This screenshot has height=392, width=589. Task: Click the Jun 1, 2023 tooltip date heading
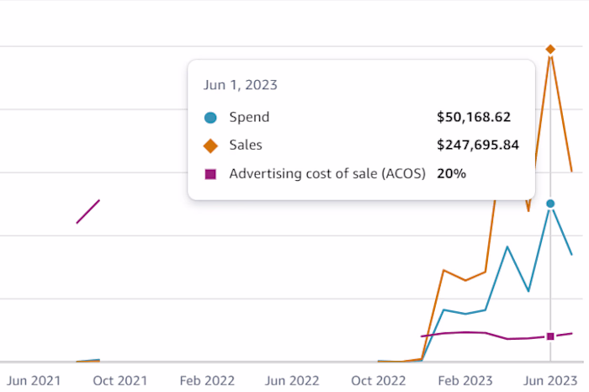click(x=241, y=85)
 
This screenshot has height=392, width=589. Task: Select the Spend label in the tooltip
click(x=249, y=118)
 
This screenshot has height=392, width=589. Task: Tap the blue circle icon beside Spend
click(x=210, y=118)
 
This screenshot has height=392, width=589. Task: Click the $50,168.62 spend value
click(x=474, y=118)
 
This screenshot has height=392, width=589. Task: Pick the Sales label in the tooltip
click(x=246, y=146)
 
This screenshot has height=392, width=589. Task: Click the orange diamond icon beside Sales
click(x=210, y=146)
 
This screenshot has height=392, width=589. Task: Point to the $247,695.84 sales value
click(x=477, y=146)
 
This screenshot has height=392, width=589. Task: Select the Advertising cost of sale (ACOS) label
click(x=327, y=174)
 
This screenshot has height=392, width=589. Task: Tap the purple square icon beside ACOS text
click(x=210, y=174)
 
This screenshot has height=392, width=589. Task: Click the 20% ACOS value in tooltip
click(x=452, y=174)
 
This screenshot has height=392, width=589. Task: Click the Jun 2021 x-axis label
click(x=34, y=380)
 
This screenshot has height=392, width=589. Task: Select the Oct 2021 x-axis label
click(x=119, y=380)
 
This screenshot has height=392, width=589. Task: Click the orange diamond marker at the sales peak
click(x=550, y=50)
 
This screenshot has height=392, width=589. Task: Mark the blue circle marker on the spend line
click(x=550, y=204)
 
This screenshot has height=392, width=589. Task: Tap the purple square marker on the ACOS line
click(x=550, y=336)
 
